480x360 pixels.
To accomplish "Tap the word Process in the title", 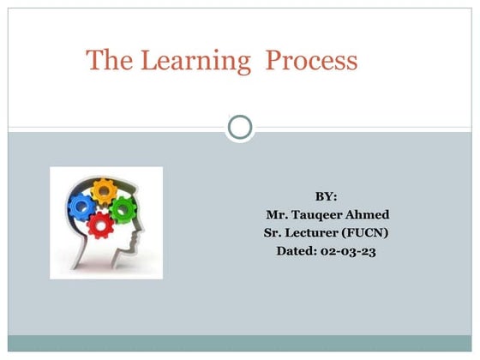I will pyautogui.click(x=310, y=61).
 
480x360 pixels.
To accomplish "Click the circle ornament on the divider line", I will pyautogui.click(x=241, y=129).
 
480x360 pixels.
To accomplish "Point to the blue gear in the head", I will pyautogui.click(x=81, y=207).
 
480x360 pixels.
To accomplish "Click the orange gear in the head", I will pyautogui.click(x=104, y=190).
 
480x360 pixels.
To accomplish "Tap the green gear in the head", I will pyautogui.click(x=123, y=207).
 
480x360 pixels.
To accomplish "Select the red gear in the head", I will pyautogui.click(x=101, y=225).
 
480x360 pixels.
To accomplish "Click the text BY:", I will pyautogui.click(x=327, y=196).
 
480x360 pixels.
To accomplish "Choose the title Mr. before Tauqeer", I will pyautogui.click(x=276, y=214).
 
